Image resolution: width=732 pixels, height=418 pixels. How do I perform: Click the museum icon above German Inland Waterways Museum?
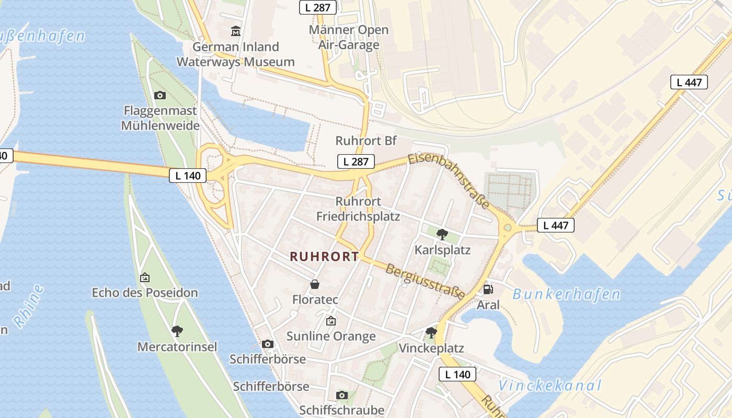tap(236, 31)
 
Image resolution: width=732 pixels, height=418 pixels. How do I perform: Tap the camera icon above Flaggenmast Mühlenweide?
tap(160, 95)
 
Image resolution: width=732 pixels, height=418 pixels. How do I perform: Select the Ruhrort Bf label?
tap(366, 141)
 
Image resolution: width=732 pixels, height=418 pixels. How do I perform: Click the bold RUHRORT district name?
tap(324, 257)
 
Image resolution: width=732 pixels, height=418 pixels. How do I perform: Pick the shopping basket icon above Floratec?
tap(315, 284)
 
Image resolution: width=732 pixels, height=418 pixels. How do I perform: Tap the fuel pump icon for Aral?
tap(488, 289)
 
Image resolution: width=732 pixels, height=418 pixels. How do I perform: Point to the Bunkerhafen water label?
tap(566, 295)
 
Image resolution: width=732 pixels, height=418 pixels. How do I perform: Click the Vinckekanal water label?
tap(550, 386)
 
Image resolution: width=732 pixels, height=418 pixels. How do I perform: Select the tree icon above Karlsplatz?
tap(442, 234)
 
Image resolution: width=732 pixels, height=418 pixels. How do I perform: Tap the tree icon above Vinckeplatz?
tap(431, 332)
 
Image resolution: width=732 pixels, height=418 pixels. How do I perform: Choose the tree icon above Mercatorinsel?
tap(177, 331)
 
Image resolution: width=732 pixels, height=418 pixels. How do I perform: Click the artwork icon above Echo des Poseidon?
tap(145, 277)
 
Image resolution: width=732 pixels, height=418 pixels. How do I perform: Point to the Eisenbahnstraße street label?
tap(449, 181)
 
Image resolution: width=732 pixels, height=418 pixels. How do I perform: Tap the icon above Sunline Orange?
tap(330, 321)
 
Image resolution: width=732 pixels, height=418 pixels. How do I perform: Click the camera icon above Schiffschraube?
tap(342, 395)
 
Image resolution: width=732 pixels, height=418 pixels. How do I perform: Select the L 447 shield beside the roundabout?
tap(556, 225)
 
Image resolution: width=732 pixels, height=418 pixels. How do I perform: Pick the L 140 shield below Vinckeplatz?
tap(458, 374)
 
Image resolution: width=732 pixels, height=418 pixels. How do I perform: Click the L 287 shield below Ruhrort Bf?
tap(356, 161)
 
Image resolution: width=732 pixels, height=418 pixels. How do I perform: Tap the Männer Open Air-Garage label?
tap(349, 37)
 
